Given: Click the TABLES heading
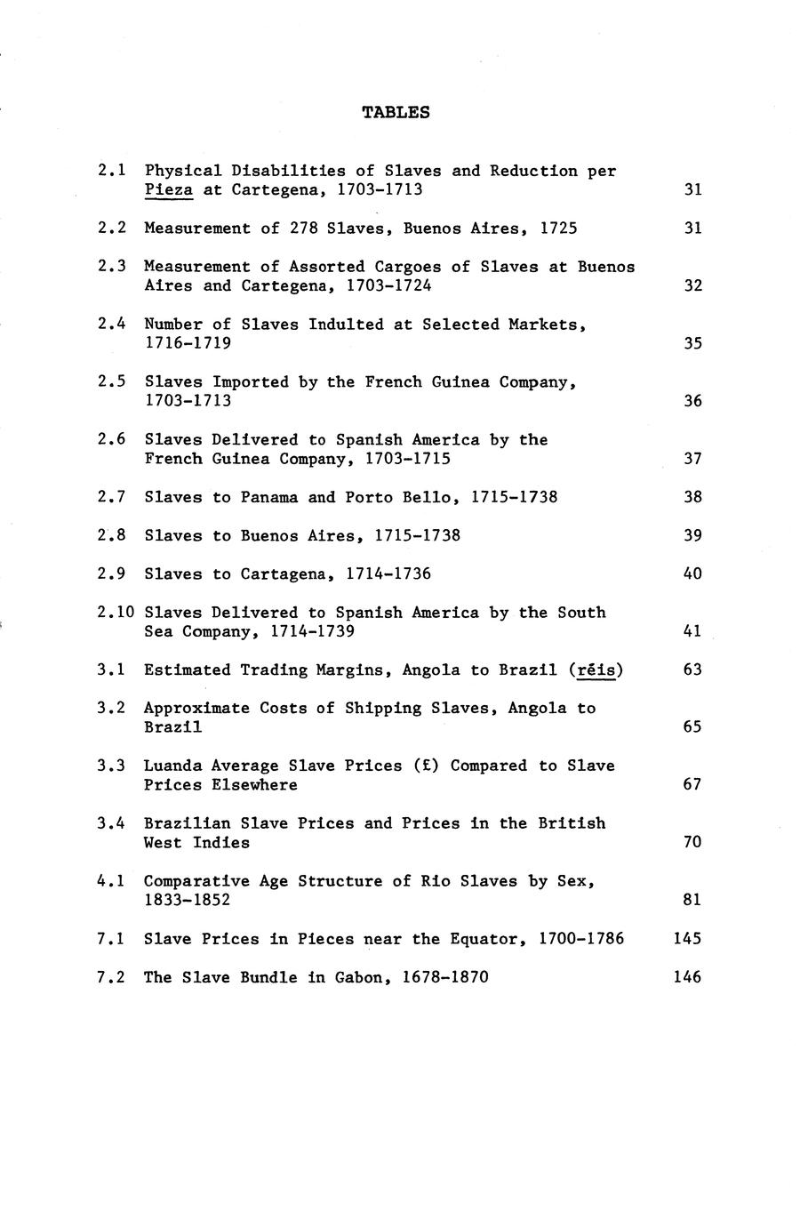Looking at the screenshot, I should (396, 112).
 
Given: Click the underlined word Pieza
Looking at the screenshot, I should (169, 189).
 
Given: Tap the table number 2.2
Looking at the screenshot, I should (112, 229).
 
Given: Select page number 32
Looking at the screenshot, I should (692, 285).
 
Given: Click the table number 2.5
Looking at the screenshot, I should (112, 381).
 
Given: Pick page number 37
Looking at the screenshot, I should (692, 458).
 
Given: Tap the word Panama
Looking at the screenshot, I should (269, 497).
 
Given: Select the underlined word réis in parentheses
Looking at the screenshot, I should (596, 670).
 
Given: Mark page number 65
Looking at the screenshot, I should (692, 726).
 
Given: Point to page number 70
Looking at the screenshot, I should (692, 842).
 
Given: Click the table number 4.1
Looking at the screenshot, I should (112, 881).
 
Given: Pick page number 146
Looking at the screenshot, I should (687, 977).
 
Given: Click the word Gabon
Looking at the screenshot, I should (364, 977).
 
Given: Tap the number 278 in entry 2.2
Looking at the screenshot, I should (303, 229).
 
